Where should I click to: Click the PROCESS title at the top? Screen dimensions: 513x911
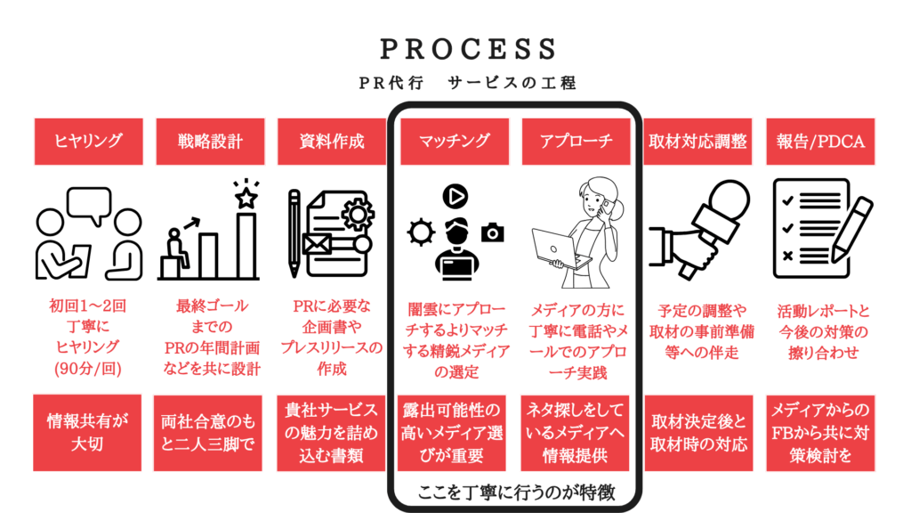[x=455, y=47]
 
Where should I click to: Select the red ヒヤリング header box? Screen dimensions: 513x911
[x=88, y=141]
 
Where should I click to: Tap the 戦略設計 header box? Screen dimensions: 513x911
[x=210, y=141]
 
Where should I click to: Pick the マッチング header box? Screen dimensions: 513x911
[x=455, y=141]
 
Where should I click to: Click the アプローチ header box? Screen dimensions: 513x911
[x=576, y=141]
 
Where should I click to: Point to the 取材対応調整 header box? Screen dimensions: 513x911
[x=698, y=141]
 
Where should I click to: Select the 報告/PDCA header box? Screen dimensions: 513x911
[x=820, y=141]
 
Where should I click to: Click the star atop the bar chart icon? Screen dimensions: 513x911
[x=246, y=195]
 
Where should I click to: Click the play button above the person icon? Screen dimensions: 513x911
[x=455, y=194]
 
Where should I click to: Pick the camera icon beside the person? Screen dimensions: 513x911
[x=492, y=232]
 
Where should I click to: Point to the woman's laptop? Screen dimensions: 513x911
[x=559, y=248]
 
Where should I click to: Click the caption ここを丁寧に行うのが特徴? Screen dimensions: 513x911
[x=514, y=491]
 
